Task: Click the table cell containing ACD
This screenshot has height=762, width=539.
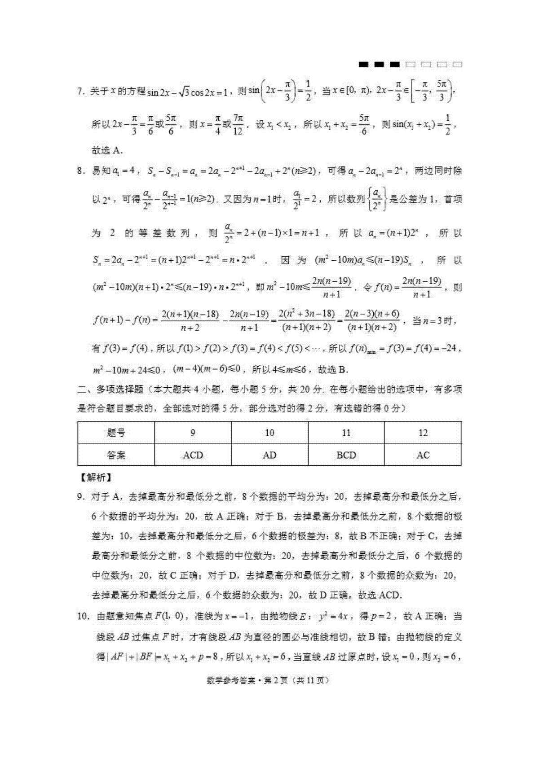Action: (x=193, y=455)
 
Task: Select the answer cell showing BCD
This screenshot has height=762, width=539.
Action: (x=346, y=455)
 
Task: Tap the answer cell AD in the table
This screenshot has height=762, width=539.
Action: (x=269, y=455)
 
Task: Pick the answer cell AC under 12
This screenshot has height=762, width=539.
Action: (x=423, y=455)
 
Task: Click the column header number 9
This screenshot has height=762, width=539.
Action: (x=193, y=433)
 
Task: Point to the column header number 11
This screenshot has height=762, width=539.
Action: (x=346, y=433)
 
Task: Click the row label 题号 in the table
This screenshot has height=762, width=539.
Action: (x=116, y=433)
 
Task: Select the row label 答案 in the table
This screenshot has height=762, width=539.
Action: (x=116, y=455)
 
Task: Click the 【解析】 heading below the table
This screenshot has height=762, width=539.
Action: (x=95, y=477)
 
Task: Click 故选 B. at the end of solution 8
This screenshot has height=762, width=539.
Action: (x=333, y=370)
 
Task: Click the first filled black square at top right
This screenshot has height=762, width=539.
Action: (x=363, y=65)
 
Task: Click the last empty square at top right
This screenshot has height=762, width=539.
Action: (x=457, y=65)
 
